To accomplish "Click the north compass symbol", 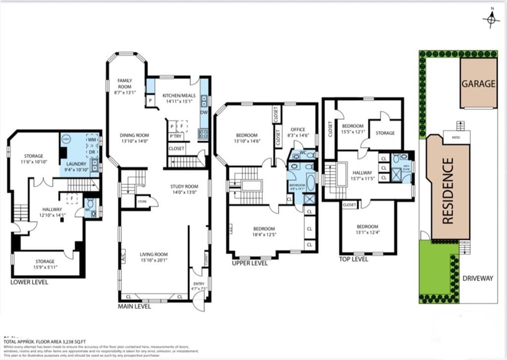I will (x=491, y=18).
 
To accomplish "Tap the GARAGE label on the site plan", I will (x=478, y=83).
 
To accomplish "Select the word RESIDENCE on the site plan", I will (x=448, y=191).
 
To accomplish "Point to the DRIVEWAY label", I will (x=477, y=278).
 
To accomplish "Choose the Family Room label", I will (x=124, y=83).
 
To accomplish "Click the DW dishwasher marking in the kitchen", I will (x=204, y=112).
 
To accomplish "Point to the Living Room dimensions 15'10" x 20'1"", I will (x=154, y=261).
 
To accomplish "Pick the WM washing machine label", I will (x=92, y=140).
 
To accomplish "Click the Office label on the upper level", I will (x=298, y=130).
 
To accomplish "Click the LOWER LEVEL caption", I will (x=29, y=282).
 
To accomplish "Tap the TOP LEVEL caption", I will (x=354, y=259).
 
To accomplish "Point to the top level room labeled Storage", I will (x=385, y=133).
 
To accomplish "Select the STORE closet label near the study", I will (x=143, y=202).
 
